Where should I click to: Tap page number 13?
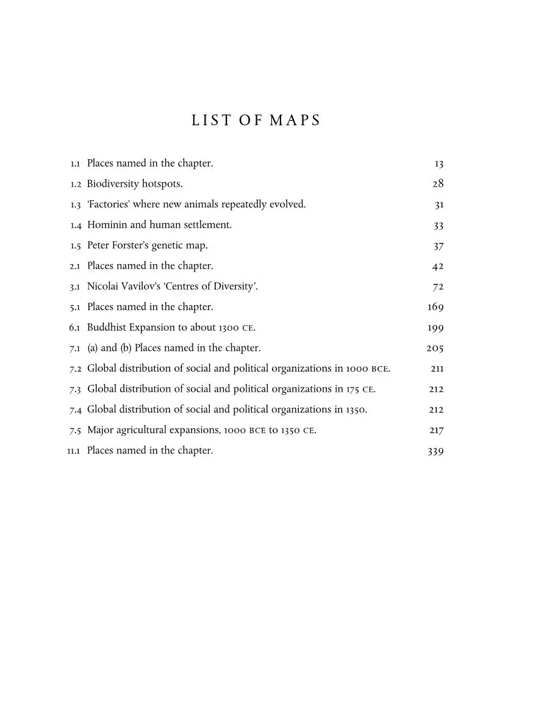click(x=438, y=164)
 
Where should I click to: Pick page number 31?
click(x=438, y=204)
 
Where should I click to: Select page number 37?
click(x=438, y=245)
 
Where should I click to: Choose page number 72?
click(x=437, y=286)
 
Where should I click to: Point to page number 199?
click(x=435, y=327)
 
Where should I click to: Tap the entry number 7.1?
click(x=75, y=348)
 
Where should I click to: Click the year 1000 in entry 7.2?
click(x=357, y=369)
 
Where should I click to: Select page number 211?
click(x=437, y=369)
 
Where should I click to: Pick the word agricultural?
click(x=146, y=430)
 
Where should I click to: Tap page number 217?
click(x=436, y=430)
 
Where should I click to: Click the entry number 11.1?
click(x=74, y=451)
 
